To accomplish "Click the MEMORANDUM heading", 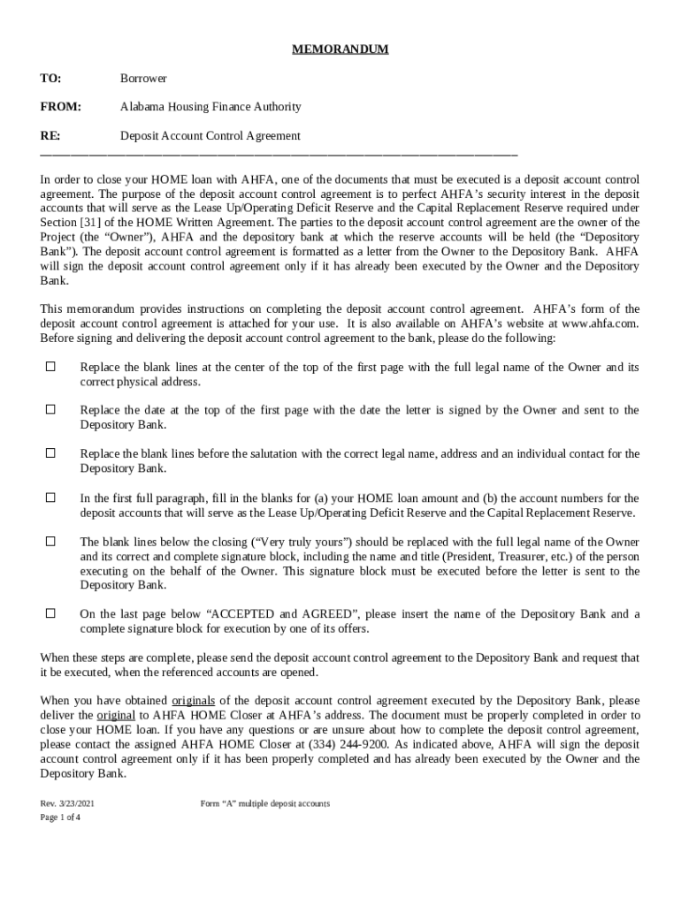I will (340, 49).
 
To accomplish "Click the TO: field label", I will (50, 79).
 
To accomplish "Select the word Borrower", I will (143, 79).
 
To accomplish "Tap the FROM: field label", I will (60, 107).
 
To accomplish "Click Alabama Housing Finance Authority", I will (210, 107).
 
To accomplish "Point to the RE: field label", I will (50, 136).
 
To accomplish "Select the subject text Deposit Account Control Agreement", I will (210, 136).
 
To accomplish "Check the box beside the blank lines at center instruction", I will (50, 366).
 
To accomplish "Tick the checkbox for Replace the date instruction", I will (50, 409).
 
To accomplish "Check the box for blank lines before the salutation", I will (50, 452).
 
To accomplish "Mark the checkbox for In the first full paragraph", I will (50, 497).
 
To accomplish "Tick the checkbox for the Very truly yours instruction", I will (50, 541).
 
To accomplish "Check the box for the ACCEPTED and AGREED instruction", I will (50, 612).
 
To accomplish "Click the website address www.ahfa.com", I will (600, 323).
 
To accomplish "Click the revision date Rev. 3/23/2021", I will (65, 803).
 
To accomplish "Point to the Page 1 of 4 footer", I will (60, 818).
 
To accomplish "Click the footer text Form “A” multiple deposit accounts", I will (264, 803).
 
